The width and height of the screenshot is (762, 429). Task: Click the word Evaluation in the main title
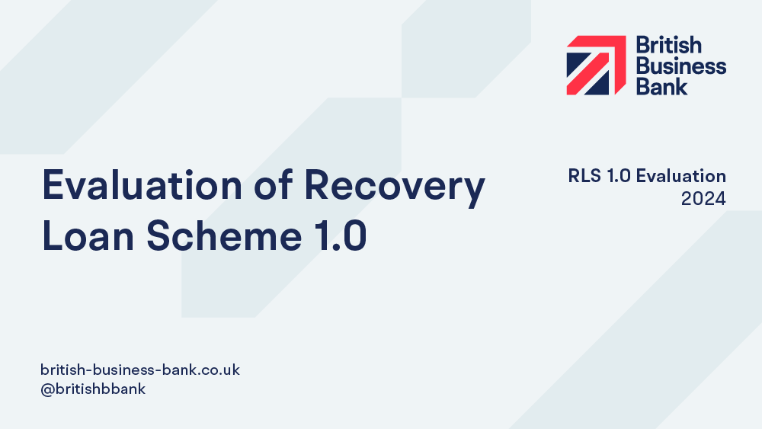point(142,184)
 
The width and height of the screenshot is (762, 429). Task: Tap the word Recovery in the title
point(395,188)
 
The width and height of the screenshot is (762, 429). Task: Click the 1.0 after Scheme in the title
point(341,235)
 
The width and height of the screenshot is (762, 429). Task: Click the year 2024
point(703,199)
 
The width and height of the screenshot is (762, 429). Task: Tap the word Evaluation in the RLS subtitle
point(680,176)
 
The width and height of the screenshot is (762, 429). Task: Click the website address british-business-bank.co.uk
point(140,370)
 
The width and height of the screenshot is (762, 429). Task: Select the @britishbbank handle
point(93,389)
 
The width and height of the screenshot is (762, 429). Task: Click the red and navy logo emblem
point(597,65)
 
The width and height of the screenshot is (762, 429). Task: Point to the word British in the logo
point(669,45)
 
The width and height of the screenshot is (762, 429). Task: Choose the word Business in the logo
point(681,66)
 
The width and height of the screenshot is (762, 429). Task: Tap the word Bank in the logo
point(662,86)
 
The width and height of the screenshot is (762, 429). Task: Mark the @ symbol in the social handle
point(47,389)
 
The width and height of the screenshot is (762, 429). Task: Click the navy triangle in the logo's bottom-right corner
point(599,86)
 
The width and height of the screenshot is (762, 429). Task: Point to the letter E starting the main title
point(53,184)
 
